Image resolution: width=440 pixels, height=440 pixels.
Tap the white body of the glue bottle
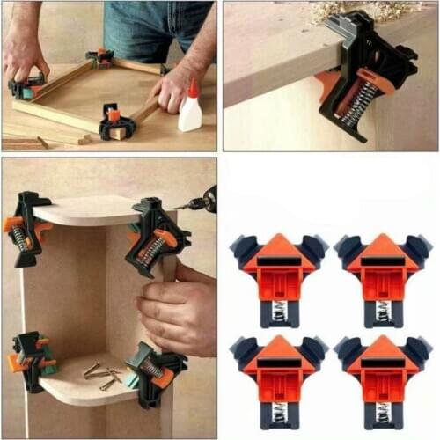click(190, 115)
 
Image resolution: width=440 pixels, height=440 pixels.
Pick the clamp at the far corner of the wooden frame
click(100, 58)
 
